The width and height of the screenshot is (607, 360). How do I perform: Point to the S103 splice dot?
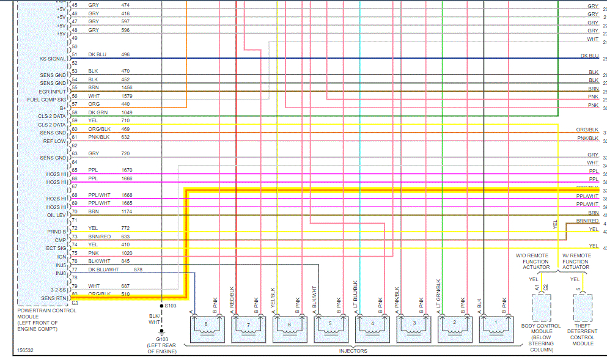(x=161, y=304)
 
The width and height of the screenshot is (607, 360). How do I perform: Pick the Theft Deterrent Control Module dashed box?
(x=583, y=307)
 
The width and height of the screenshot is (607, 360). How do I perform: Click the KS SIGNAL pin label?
(x=52, y=59)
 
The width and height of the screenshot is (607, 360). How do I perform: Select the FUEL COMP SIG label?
(x=47, y=100)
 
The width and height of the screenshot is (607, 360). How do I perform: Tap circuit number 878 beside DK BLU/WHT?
(x=138, y=270)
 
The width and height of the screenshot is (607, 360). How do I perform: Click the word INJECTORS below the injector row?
(x=353, y=351)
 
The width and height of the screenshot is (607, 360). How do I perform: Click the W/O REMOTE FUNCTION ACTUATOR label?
(x=533, y=261)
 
